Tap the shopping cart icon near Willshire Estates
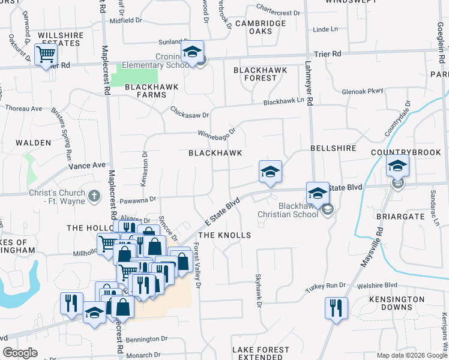[x=46, y=55]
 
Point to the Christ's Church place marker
[x=94, y=196]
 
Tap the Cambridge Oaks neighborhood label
[x=260, y=27]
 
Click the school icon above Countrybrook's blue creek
[x=397, y=166]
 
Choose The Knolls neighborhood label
[x=224, y=235]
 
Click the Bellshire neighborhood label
[x=333, y=148]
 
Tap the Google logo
[x=20, y=353]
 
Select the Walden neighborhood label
[x=33, y=143]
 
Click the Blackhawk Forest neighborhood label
[x=260, y=74]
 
